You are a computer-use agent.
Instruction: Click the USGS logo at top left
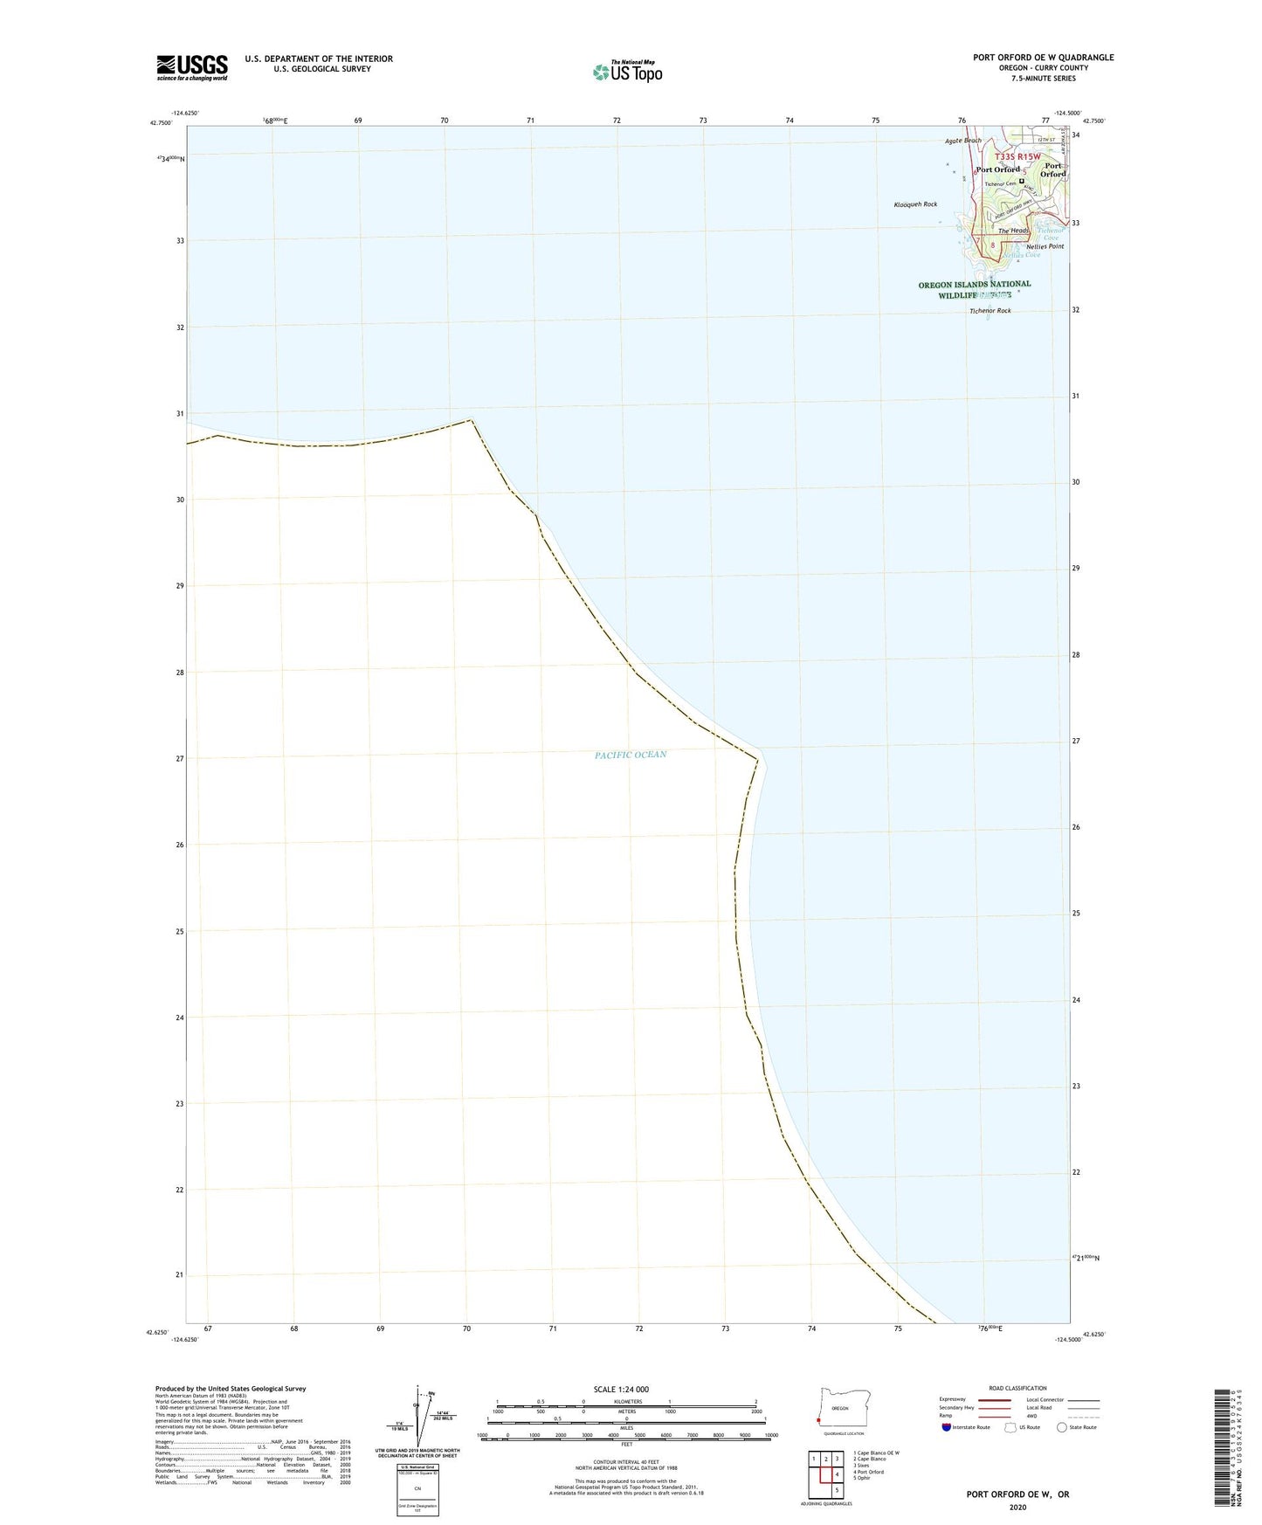(x=192, y=66)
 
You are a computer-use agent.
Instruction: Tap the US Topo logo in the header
(x=627, y=72)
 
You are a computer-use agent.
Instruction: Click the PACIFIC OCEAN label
(x=631, y=755)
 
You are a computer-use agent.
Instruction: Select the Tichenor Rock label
(x=990, y=311)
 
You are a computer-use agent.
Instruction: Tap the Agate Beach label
(x=963, y=141)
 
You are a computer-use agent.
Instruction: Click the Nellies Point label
(x=1045, y=246)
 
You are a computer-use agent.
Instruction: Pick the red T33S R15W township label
(x=1018, y=156)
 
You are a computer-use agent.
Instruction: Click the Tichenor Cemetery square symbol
(x=1021, y=182)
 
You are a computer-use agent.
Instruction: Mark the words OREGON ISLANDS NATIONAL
(x=974, y=285)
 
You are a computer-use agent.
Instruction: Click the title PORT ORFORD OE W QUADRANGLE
(x=1044, y=58)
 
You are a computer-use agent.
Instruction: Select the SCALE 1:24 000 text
(x=621, y=1389)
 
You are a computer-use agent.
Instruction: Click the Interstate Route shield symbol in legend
(x=947, y=1427)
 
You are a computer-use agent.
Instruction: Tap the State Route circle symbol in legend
(x=1062, y=1427)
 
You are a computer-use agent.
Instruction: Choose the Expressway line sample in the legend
(x=995, y=1400)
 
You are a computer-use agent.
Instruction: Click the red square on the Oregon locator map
(x=818, y=1419)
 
